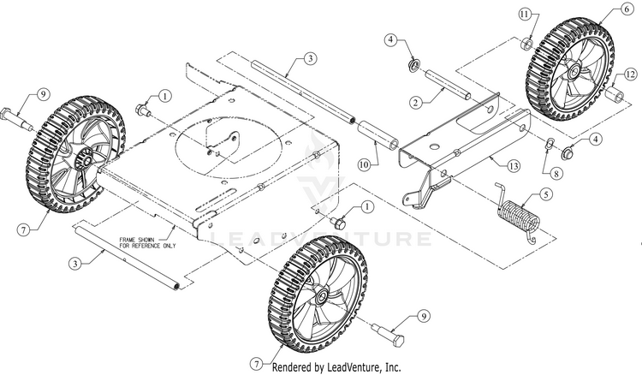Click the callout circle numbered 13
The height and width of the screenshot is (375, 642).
514,166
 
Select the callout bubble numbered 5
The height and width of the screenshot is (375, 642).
545,193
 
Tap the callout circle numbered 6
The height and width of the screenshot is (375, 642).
627,9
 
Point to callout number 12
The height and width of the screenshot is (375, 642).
630,74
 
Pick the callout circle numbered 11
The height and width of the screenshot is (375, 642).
526,15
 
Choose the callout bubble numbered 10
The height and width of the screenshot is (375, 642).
364,165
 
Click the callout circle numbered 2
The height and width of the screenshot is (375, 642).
416,103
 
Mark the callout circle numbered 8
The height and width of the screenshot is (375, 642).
556,174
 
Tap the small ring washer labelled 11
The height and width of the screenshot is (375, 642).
527,44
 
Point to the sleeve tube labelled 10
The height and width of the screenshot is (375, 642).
378,135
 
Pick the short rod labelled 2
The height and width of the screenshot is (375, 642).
449,85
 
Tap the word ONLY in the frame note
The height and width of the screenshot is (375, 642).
169,246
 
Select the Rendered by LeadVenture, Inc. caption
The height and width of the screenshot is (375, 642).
336,366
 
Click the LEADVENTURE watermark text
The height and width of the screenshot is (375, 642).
320,239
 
